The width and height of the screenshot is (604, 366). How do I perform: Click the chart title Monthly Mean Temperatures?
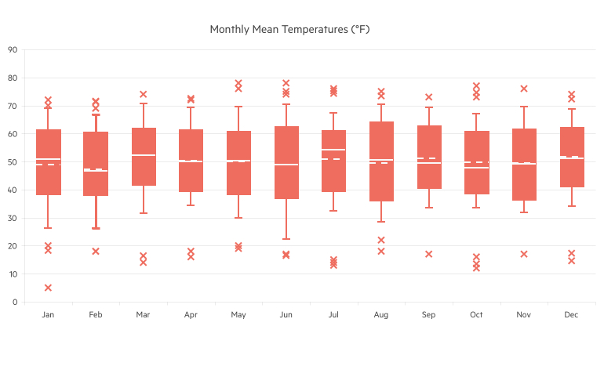click(289, 29)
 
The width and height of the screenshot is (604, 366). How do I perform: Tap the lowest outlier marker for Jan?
click(49, 288)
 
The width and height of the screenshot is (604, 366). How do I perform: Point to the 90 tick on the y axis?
click(13, 50)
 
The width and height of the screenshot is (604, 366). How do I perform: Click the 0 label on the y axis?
click(15, 302)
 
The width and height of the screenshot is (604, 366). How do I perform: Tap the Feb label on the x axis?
click(96, 315)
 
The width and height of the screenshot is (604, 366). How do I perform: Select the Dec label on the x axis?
click(571, 315)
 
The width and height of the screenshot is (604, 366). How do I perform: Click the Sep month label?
click(428, 315)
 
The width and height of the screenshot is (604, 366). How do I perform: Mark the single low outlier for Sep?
click(429, 254)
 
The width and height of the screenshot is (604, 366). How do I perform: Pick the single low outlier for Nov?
click(524, 254)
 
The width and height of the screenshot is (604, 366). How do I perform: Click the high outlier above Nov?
click(524, 89)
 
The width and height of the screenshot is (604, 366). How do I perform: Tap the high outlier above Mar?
click(144, 94)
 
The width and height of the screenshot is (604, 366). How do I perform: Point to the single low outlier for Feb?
click(96, 252)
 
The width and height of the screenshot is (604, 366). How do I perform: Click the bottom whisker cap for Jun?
click(286, 239)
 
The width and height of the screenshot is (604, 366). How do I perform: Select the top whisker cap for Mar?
click(144, 103)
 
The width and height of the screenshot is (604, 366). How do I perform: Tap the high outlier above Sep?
click(429, 97)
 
